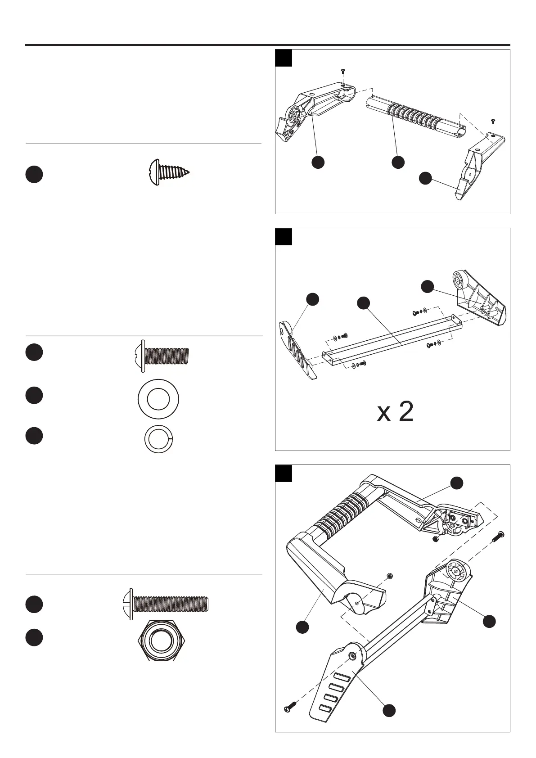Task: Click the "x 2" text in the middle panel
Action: pos(395,412)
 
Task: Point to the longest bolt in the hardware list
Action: pos(165,604)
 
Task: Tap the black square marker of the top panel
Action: pos(284,58)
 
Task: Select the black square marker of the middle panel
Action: pos(284,237)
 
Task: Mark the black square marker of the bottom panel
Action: pos(284,473)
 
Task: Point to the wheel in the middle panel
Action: pos(459,280)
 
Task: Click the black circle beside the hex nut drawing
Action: pos(34,637)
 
